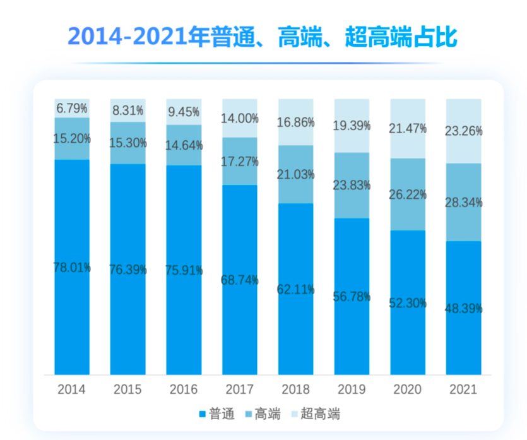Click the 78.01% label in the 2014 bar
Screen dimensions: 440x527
71,268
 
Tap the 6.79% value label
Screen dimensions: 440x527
71,108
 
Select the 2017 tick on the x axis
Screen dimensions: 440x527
239,389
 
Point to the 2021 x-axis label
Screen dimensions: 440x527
463,389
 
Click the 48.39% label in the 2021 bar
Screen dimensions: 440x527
463,309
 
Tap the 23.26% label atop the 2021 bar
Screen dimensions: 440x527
463,131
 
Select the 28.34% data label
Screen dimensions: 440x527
463,203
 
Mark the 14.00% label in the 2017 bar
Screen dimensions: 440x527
239,118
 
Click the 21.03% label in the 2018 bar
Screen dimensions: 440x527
295,175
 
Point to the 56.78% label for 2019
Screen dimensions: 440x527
351,297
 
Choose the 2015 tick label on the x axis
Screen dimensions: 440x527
127,389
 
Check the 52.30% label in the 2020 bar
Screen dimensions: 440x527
408,303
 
